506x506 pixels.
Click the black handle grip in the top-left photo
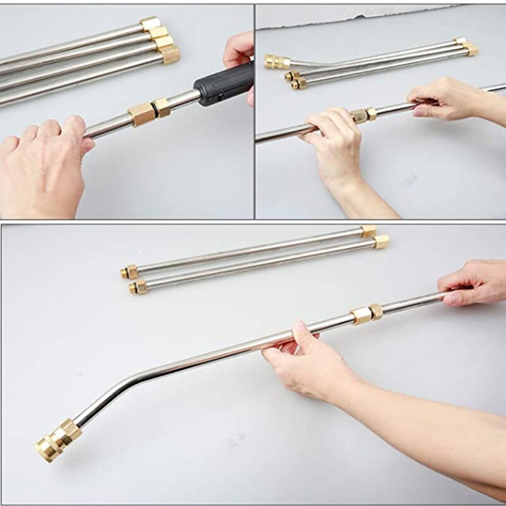tap(225, 85)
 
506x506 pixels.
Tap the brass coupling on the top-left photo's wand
tap(149, 111)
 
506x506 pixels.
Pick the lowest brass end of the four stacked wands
tap(170, 55)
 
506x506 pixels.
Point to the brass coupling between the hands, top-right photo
tap(363, 115)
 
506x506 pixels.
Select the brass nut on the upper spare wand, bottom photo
tap(369, 231)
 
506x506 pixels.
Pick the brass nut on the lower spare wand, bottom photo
tap(381, 242)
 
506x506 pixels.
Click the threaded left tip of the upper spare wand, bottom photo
tap(129, 272)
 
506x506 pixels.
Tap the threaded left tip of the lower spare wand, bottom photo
tap(137, 288)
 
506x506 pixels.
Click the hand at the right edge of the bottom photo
tap(474, 281)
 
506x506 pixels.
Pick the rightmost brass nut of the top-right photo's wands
tap(471, 49)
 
